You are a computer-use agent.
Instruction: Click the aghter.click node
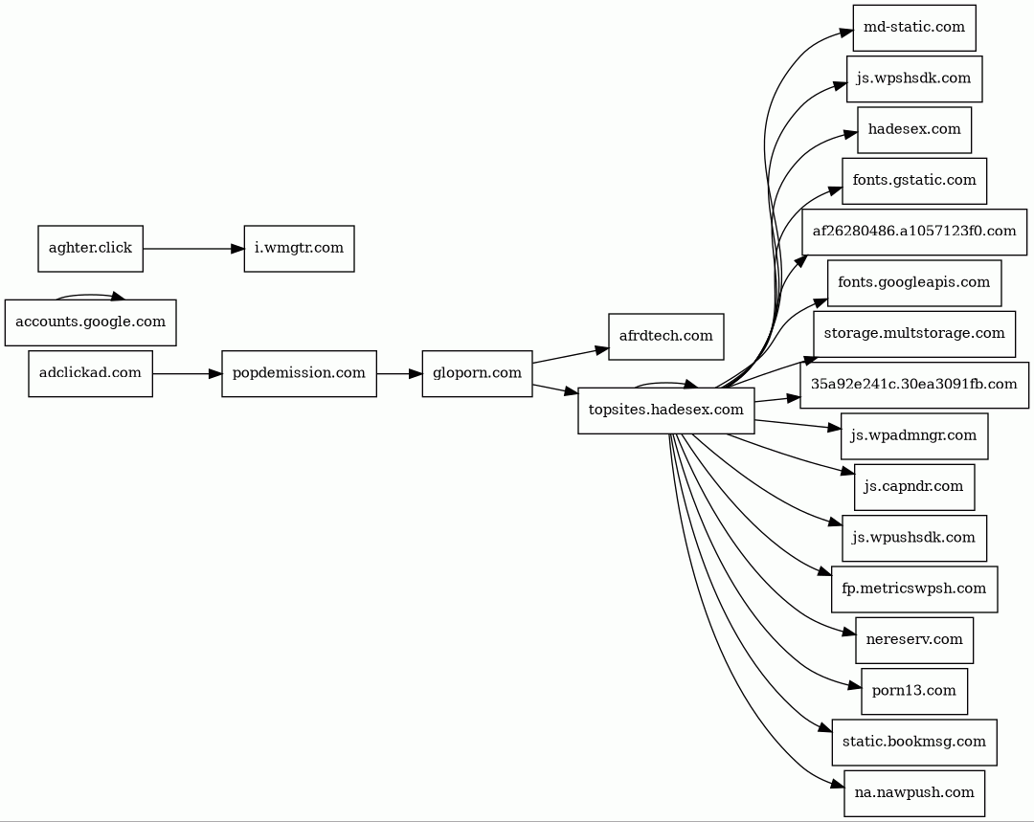pos(90,249)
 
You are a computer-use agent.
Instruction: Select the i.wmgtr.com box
pos(299,249)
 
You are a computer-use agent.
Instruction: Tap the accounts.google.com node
pos(90,322)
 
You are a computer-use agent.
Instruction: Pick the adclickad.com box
pos(90,374)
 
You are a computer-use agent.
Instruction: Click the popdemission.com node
pos(299,374)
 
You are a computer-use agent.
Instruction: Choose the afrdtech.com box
pos(666,337)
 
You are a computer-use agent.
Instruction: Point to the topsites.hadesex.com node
pos(666,411)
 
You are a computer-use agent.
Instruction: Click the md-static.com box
pos(914,28)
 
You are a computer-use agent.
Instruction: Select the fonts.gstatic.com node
pos(914,181)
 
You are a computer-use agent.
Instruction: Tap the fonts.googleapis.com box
pos(914,283)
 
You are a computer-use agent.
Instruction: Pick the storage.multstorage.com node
pos(914,334)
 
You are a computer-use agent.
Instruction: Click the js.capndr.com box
pos(914,487)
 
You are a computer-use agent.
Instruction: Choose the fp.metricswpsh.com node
pos(914,589)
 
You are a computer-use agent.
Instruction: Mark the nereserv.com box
pos(914,640)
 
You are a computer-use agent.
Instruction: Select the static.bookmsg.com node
pos(914,743)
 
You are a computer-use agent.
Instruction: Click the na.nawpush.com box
pos(914,793)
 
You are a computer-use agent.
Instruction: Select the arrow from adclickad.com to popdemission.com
pos(188,374)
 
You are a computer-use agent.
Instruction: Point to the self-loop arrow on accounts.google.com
pos(90,295)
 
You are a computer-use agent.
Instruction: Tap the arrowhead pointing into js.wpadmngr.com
pos(834,428)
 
